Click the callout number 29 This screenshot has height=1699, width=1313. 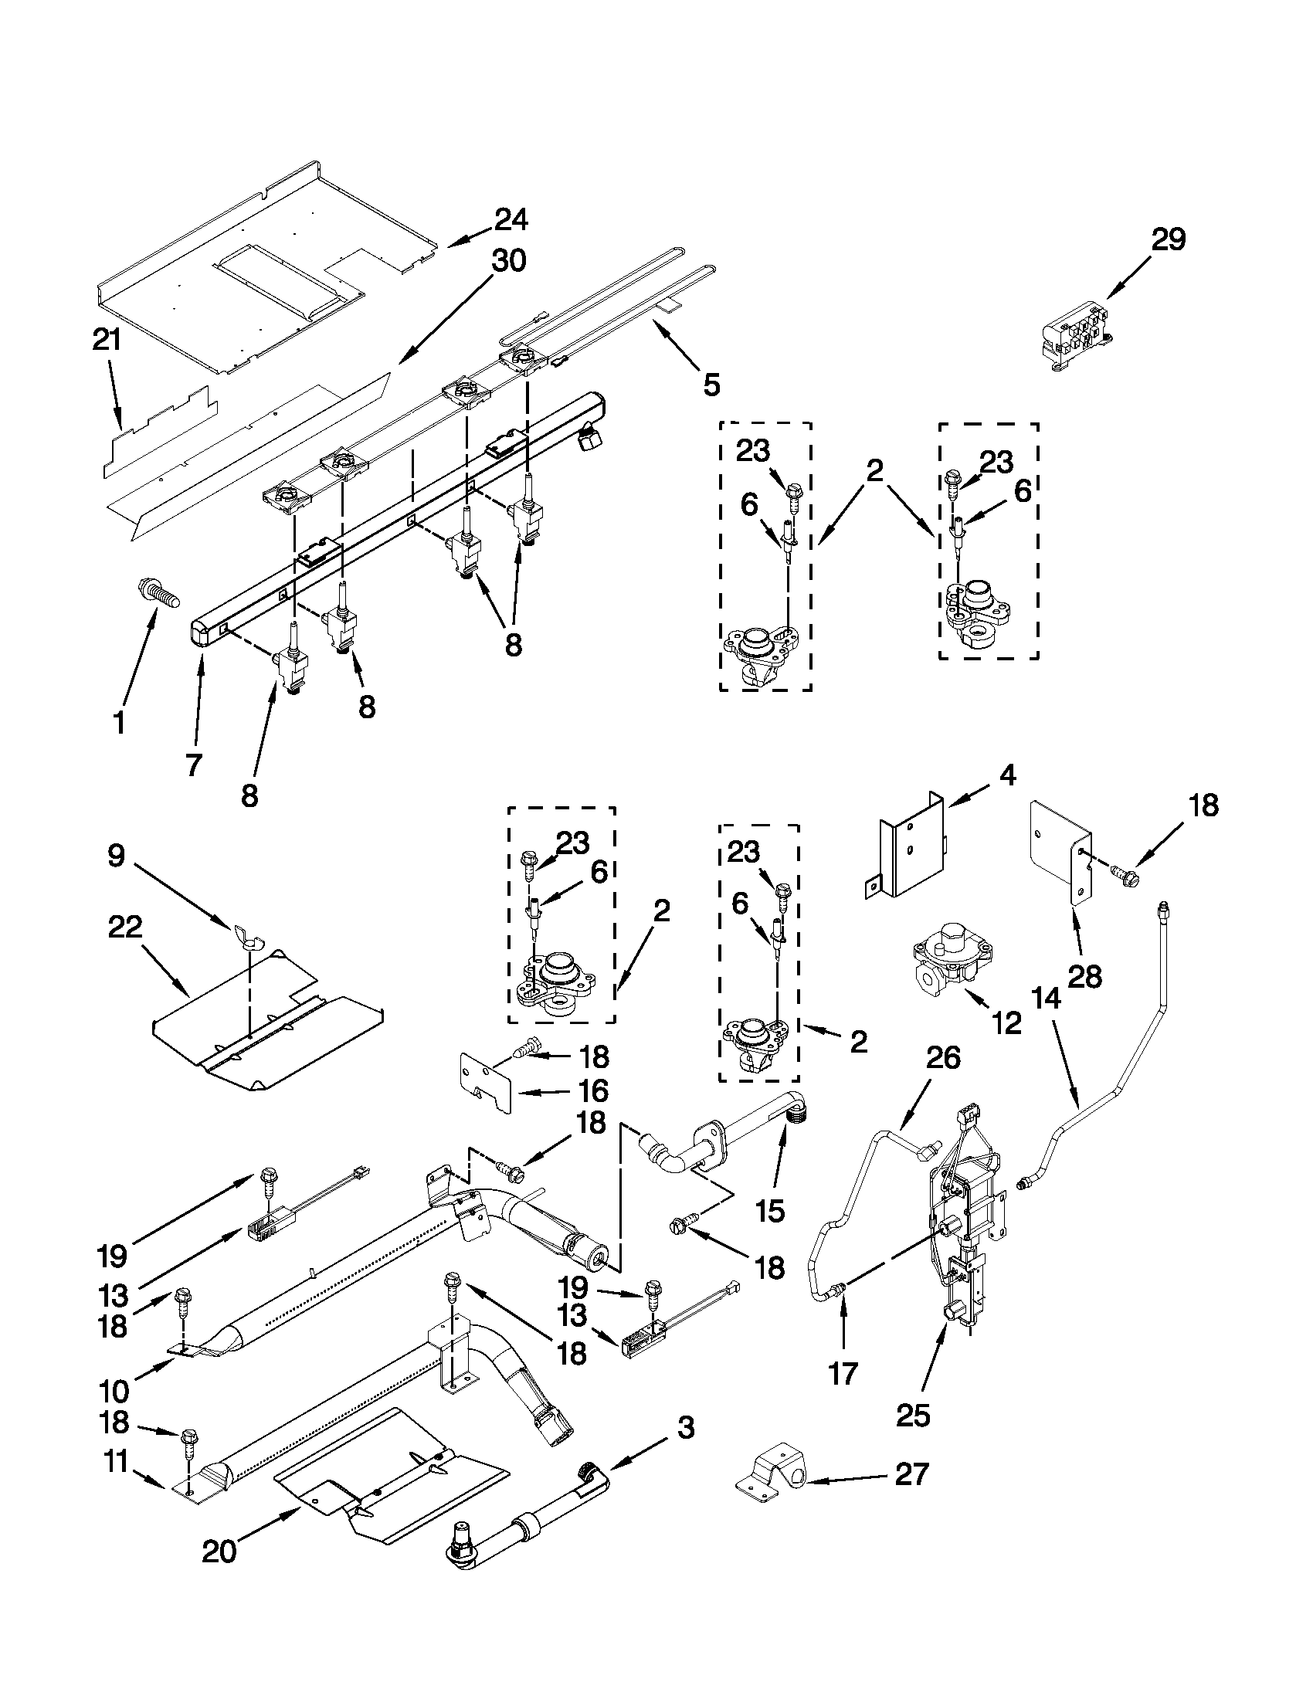point(1169,240)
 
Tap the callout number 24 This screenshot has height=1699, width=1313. point(511,220)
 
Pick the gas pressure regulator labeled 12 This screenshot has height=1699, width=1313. point(952,958)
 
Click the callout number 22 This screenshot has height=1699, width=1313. point(125,927)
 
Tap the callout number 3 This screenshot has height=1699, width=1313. point(684,1427)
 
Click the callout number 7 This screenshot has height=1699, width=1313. point(194,765)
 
